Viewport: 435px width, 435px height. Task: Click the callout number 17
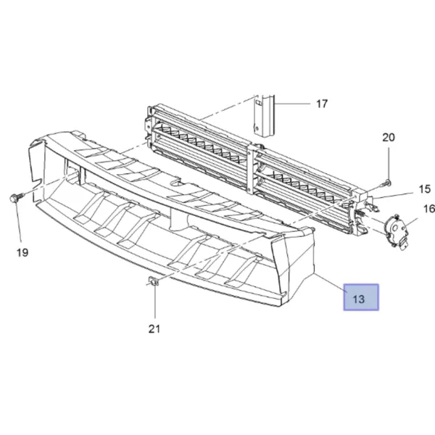coord(322,104)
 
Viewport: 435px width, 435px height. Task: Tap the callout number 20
coord(389,137)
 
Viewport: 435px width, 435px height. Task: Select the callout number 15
coord(424,189)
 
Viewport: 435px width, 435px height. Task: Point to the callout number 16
coord(429,209)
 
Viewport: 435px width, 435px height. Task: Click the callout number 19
coord(22,252)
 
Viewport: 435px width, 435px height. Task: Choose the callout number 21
coord(154,329)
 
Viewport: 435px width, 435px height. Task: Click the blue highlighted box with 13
coord(361,297)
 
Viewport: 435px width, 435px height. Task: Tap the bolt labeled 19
coord(16,198)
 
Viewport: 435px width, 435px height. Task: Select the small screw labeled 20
coord(386,183)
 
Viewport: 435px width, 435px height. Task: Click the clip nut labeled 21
coord(153,281)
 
